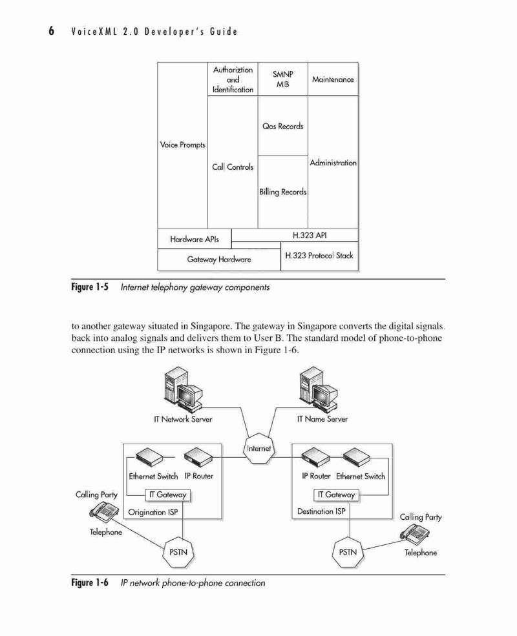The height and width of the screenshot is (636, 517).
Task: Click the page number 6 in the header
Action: point(51,31)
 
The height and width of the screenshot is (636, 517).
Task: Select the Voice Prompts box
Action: point(183,145)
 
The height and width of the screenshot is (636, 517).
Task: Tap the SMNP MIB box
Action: point(283,79)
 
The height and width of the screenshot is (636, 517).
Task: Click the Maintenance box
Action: point(333,79)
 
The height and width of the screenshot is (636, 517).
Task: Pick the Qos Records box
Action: point(283,126)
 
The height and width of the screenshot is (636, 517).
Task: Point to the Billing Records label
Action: point(283,192)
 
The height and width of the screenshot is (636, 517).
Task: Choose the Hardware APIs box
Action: point(195,239)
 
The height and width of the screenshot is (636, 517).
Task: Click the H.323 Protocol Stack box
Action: point(319,256)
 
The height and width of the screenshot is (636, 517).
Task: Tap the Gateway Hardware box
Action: point(219,260)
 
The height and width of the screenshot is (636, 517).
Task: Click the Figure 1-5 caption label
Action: point(90,287)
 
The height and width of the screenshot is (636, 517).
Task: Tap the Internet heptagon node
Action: point(258,448)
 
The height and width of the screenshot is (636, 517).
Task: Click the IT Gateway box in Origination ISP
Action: point(167,495)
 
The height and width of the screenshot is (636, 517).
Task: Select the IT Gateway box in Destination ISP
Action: point(337,495)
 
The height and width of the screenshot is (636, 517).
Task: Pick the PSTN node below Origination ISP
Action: point(178,552)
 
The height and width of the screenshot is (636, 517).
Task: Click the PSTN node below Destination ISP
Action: point(348,552)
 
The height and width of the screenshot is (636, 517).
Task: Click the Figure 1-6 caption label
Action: point(90,583)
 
